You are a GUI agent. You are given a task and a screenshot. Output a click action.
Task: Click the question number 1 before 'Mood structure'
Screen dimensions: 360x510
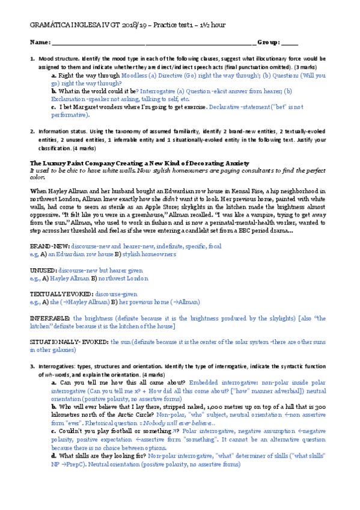click(x=32, y=59)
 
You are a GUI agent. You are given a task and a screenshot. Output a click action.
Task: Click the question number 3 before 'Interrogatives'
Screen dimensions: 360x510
click(x=32, y=365)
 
